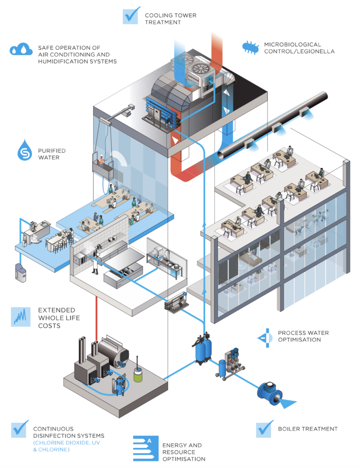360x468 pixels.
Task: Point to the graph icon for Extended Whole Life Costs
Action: point(19,316)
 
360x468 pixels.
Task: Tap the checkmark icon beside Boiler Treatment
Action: point(265,428)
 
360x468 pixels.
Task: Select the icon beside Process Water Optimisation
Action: point(265,337)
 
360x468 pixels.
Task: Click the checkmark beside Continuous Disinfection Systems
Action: point(20,430)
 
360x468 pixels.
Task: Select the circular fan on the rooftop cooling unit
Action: point(199,69)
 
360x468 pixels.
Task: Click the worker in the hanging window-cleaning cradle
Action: point(101,160)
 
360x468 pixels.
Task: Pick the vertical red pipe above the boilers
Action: point(96,318)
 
